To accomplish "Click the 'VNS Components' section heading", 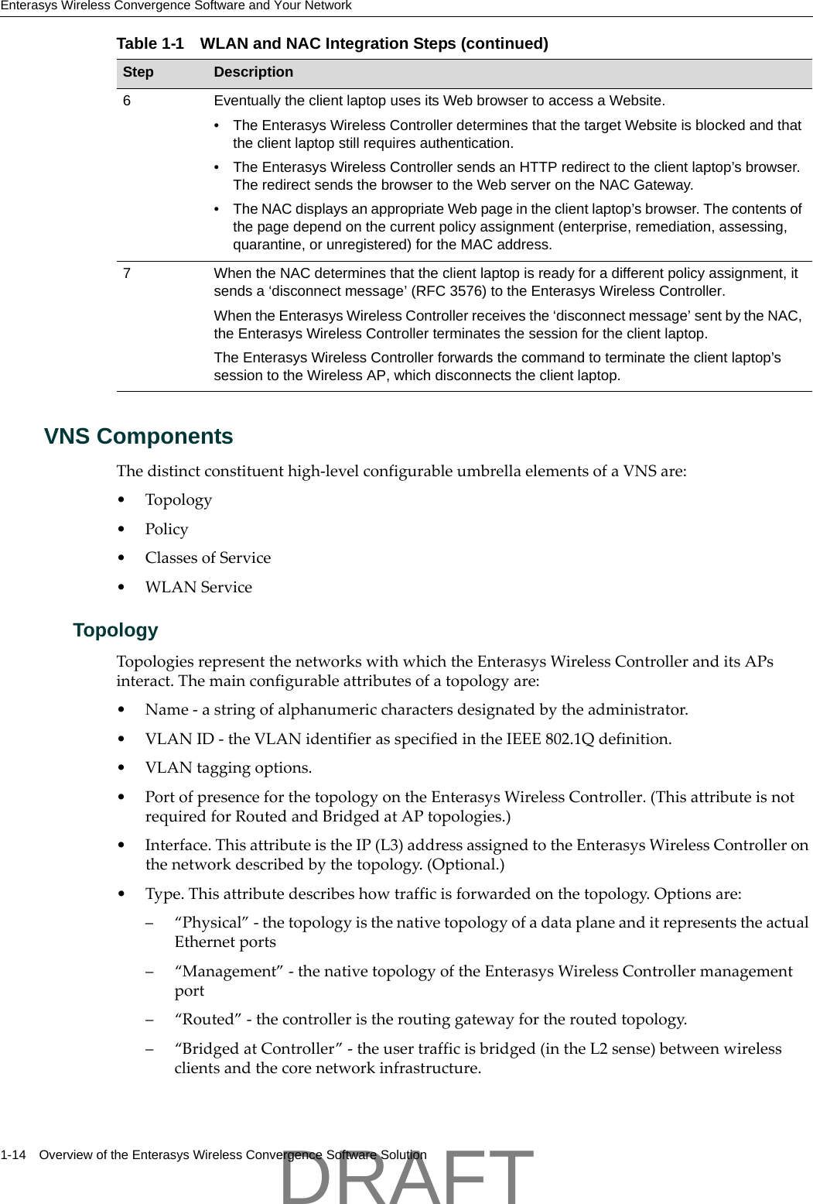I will click(x=138, y=437).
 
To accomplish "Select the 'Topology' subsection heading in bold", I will click(x=115, y=630).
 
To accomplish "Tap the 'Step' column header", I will click(x=138, y=72).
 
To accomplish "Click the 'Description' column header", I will click(x=253, y=72).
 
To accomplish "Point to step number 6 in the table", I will click(x=127, y=101).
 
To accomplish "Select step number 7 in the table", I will click(x=127, y=273).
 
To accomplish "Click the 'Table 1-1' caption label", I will click(x=150, y=43).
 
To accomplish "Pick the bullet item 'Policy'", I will click(x=166, y=529).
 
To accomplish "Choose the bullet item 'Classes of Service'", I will click(x=207, y=558).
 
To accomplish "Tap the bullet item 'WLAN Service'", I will click(x=198, y=588).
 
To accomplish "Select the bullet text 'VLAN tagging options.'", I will click(x=228, y=768).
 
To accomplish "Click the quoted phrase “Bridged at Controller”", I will click(x=258, y=1049).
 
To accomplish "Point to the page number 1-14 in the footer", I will click(x=13, y=1155).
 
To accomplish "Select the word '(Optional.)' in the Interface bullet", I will click(x=465, y=865).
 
